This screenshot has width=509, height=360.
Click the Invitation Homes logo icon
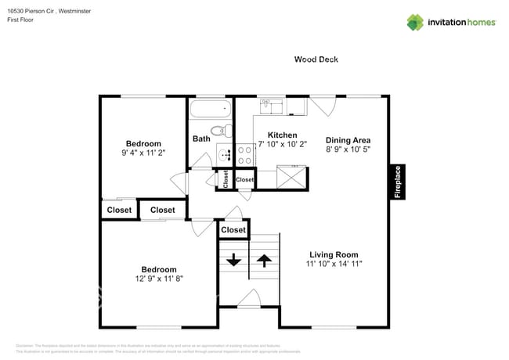(414, 23)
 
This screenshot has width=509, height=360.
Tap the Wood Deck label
(316, 59)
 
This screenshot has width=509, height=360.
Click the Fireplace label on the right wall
(397, 182)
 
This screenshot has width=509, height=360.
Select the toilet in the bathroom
(220, 131)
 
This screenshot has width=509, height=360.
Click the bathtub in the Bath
(210, 108)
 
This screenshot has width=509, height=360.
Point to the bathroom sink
(222, 154)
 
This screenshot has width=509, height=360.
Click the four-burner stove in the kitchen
(244, 154)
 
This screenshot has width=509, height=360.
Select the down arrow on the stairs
(233, 259)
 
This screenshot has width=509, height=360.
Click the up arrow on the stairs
(264, 259)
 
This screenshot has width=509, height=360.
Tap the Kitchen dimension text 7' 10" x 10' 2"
(282, 145)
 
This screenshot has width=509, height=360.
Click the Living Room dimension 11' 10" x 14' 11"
(334, 265)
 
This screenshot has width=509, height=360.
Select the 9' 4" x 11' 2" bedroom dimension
(143, 153)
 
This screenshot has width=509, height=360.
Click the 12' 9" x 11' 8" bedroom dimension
(159, 279)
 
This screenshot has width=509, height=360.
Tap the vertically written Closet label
(226, 179)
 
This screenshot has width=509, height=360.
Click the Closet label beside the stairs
(233, 230)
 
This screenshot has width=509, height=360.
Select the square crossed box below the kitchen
(293, 178)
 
